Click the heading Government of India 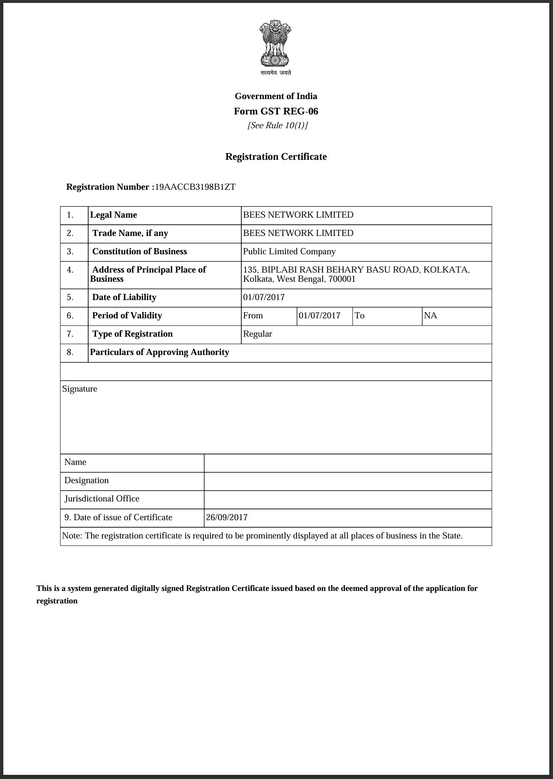click(276, 96)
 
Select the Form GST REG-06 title click(276, 111)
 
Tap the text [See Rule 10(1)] click(278, 125)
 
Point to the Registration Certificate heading click(276, 156)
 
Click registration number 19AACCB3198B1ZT click(195, 187)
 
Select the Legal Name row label click(114, 215)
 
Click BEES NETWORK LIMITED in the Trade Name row click(298, 233)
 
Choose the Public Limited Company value click(289, 251)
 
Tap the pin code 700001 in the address click(342, 279)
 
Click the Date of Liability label click(124, 297)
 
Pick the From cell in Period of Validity click(253, 315)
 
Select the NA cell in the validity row click(430, 315)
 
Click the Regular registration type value click(258, 334)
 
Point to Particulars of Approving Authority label click(159, 352)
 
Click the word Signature click(79, 389)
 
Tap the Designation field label click(87, 480)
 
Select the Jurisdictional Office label click(102, 499)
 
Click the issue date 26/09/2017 click(227, 517)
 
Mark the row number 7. click(70, 334)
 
